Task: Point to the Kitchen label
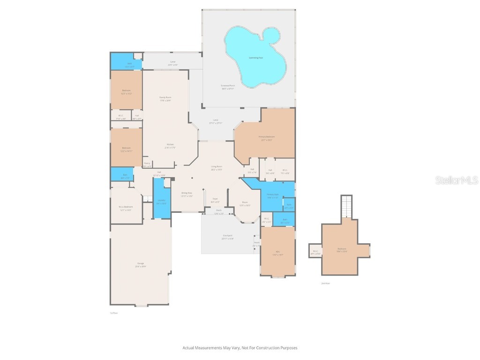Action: tap(170, 145)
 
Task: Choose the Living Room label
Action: tap(216, 167)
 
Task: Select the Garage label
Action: tap(140, 264)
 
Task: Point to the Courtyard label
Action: tap(227, 237)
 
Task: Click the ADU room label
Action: tap(277, 253)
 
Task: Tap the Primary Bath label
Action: tap(273, 195)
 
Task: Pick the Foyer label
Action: tap(215, 200)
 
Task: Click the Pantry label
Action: tap(147, 165)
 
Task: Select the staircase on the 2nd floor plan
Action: tap(346, 206)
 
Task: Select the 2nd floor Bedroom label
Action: tap(342, 249)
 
